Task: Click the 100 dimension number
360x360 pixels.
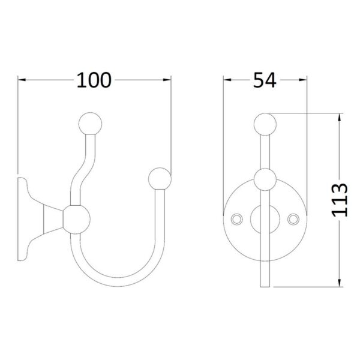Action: [94, 80]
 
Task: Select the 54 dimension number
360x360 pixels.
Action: [265, 80]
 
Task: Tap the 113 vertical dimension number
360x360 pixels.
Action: [340, 200]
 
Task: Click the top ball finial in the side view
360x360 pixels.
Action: [90, 123]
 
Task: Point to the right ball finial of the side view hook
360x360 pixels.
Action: [160, 179]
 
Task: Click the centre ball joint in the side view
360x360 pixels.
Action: [76, 220]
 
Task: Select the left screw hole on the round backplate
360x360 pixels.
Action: [236, 219]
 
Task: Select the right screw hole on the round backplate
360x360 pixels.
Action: [293, 219]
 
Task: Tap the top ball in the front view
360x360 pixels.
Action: [265, 124]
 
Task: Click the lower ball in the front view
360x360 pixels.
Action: [265, 179]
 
